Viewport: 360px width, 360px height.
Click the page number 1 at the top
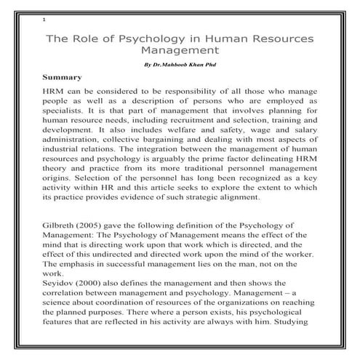coord(44,20)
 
